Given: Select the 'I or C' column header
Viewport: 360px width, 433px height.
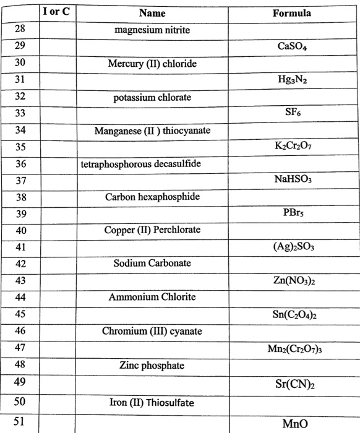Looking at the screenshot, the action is point(56,12).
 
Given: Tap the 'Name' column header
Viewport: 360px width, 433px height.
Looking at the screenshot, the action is point(153,13).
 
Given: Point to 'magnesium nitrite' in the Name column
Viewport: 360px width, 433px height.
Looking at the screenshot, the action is point(153,30).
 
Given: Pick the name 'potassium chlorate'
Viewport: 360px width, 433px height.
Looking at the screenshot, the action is point(152,98).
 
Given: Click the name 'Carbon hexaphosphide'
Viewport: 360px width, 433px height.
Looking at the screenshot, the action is point(152,197).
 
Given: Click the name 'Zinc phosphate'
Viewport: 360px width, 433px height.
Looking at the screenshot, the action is point(152,365).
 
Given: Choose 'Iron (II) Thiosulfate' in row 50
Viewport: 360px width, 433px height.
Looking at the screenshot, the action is point(152,403).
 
